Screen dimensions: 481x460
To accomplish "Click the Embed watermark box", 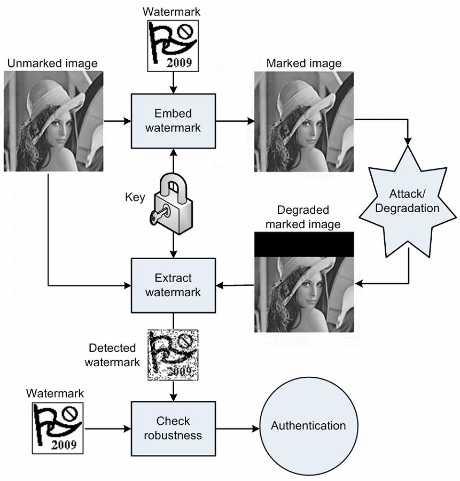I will pyautogui.click(x=173, y=121).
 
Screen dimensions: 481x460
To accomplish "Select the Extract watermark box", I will pyautogui.click(x=173, y=285).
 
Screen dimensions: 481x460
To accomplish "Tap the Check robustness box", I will pyautogui.click(x=173, y=428).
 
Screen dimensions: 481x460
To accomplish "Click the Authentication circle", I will pyautogui.click(x=308, y=426).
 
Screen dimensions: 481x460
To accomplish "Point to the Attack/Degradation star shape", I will pyautogui.click(x=407, y=200).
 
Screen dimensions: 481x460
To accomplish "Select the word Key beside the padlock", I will pyautogui.click(x=135, y=197).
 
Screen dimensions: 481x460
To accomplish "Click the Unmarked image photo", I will pyautogui.click(x=52, y=121).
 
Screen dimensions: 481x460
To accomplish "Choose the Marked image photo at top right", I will pyautogui.click(x=303, y=121).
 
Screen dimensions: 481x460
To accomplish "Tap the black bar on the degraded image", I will pyautogui.click(x=303, y=244).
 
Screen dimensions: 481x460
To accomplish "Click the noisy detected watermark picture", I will pyautogui.click(x=173, y=355).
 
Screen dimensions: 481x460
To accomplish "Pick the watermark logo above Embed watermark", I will pyautogui.click(x=173, y=46).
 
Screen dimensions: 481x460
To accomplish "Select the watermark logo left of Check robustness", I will pyautogui.click(x=57, y=428).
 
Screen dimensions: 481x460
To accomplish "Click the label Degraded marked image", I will pyautogui.click(x=303, y=217).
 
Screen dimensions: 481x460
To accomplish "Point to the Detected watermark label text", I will pyautogui.click(x=112, y=355).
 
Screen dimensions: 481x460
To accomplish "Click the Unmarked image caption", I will pyautogui.click(x=52, y=63).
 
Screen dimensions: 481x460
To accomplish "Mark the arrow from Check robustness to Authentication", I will pyautogui.click(x=237, y=428).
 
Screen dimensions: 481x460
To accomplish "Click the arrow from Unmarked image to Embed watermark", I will pyautogui.click(x=117, y=121).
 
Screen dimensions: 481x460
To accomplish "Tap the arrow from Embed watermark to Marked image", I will pyautogui.click(x=235, y=121).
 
